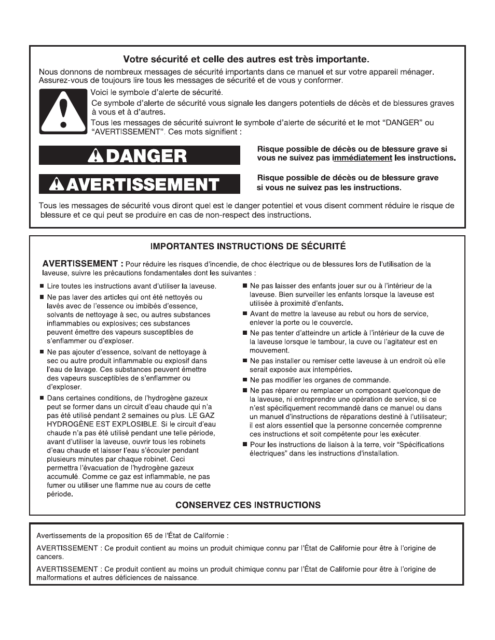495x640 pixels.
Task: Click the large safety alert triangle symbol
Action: pos(63,111)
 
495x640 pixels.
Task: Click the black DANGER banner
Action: pos(140,155)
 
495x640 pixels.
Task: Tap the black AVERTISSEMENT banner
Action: pos(140,184)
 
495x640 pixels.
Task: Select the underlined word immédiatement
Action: pos(362,158)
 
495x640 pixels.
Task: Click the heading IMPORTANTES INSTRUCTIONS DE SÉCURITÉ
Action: pos(247,247)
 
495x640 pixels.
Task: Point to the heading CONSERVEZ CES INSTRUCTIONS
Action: pos(247,505)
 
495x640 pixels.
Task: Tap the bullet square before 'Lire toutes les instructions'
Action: pos(42,286)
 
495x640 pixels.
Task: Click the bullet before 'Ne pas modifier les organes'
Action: pos(245,380)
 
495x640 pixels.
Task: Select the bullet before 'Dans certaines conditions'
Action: pos(42,398)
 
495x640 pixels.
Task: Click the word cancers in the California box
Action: pos(50,557)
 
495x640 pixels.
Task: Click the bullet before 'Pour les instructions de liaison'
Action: pos(245,445)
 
